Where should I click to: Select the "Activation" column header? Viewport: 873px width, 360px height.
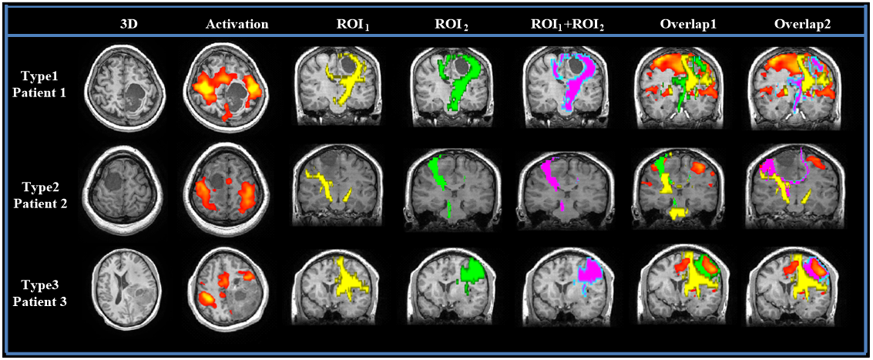pos(237,25)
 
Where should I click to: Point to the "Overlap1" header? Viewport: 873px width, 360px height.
pos(688,25)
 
